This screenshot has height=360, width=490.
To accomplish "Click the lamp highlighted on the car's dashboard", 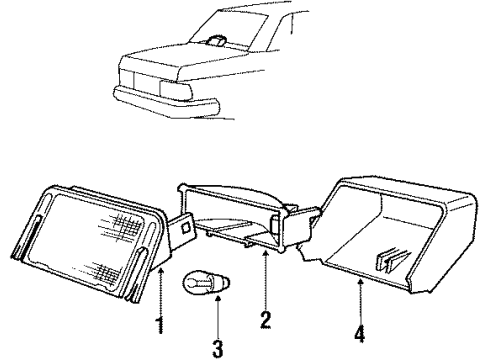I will (217, 40).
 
